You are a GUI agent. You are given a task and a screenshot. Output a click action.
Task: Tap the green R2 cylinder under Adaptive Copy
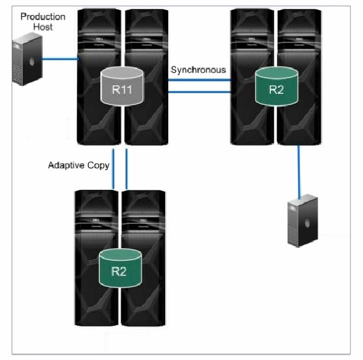119,266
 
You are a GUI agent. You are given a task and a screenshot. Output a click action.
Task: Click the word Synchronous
198,70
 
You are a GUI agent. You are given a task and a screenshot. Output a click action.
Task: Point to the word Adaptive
65,165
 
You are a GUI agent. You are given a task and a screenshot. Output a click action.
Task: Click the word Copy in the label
96,165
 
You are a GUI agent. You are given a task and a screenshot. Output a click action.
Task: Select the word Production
43,16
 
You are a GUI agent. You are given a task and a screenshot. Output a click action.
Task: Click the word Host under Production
43,27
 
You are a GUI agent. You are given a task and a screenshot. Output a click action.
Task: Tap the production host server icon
27,59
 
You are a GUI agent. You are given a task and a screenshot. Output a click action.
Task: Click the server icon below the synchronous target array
301,220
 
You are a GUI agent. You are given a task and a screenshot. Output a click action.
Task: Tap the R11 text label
123,93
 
